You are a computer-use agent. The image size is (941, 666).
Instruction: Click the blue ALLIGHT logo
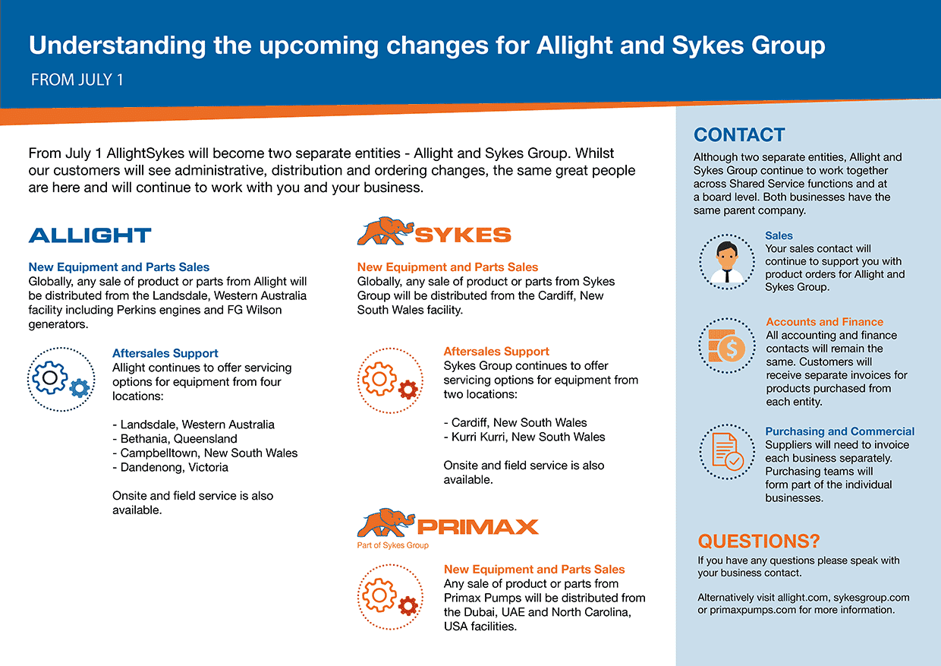click(90, 235)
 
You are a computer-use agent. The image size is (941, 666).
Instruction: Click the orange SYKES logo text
click(463, 235)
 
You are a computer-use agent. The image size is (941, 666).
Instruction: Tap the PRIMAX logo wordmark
click(477, 527)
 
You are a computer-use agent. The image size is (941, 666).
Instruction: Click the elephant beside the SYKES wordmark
click(386, 231)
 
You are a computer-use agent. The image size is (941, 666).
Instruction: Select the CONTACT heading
click(739, 135)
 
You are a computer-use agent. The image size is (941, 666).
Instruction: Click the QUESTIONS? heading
click(759, 541)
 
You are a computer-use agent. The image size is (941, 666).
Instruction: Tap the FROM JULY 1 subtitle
click(77, 80)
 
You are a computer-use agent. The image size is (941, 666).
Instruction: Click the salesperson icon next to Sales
click(727, 262)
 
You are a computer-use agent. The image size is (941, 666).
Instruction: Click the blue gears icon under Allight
click(61, 379)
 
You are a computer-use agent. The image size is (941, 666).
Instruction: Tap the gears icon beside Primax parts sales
click(390, 597)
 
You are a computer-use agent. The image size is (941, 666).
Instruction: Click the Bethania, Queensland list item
click(175, 439)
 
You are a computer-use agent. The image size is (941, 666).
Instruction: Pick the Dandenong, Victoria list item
click(171, 468)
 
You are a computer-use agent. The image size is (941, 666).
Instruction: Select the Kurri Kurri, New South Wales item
click(524, 437)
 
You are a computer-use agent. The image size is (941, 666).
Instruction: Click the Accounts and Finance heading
click(824, 322)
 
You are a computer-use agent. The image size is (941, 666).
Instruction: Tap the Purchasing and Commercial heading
click(839, 431)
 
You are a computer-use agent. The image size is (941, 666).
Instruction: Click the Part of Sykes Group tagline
click(393, 545)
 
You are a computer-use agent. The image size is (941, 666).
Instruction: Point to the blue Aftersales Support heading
click(165, 353)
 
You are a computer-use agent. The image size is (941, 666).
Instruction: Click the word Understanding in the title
click(117, 46)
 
